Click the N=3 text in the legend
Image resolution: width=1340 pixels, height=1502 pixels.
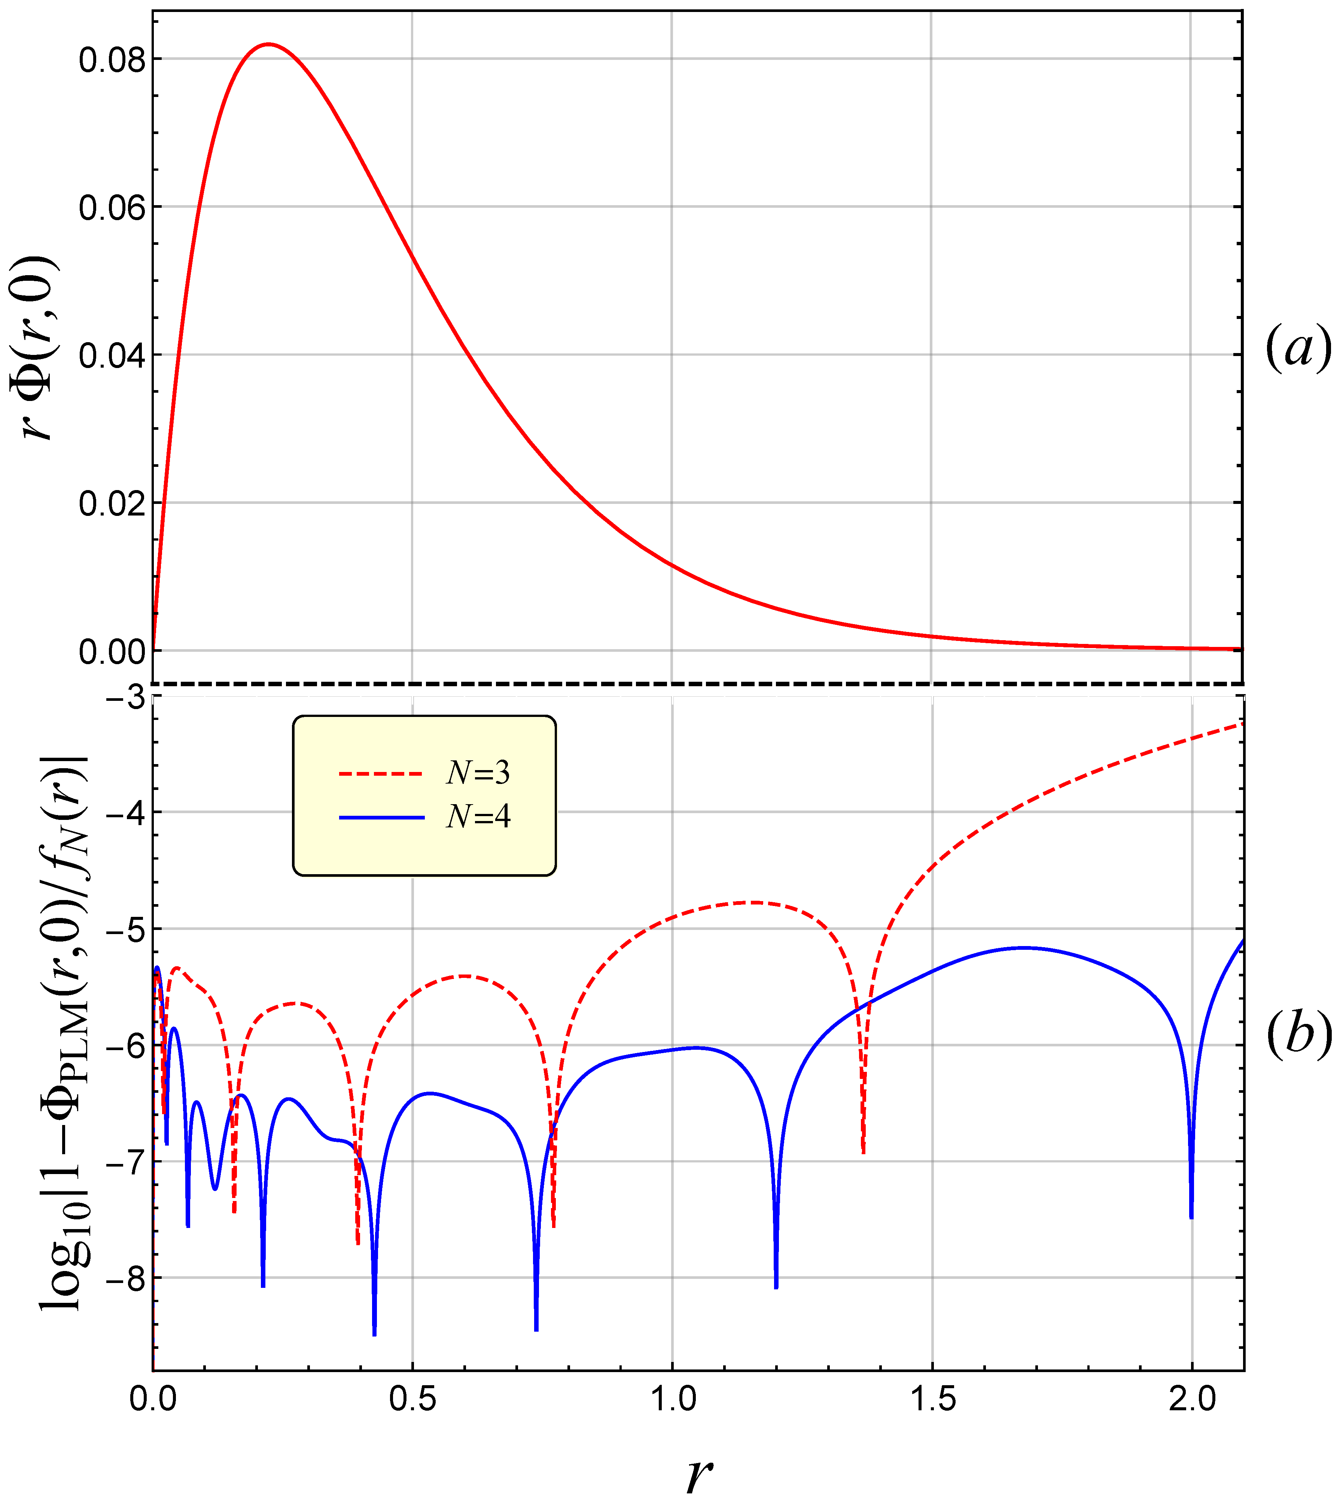[478, 772]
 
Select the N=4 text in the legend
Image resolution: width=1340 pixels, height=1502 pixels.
[478, 817]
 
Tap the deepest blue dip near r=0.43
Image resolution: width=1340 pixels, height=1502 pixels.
[375, 1334]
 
